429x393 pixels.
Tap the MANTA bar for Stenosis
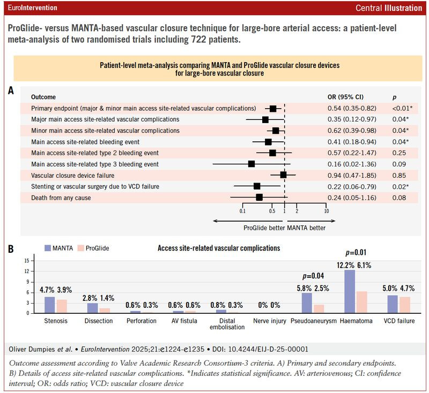point(50,304)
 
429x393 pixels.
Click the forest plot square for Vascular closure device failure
point(283,175)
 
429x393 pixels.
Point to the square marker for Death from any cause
point(259,197)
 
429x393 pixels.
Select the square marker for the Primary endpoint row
point(273,109)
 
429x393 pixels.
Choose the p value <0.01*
point(399,109)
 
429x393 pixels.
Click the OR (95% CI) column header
point(345,97)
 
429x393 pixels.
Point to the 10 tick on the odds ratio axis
point(327,211)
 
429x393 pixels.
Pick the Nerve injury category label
point(271,321)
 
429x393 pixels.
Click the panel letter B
point(11,249)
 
